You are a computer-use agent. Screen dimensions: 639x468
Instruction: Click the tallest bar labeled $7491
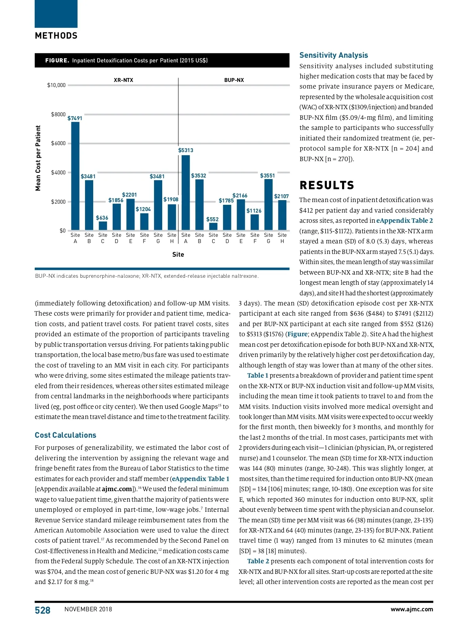tap(75, 176)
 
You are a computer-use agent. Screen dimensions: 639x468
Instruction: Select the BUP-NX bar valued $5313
tap(186, 192)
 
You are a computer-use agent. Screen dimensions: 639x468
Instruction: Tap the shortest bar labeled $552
tap(213, 226)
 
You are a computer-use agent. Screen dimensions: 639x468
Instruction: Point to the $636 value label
tap(102, 218)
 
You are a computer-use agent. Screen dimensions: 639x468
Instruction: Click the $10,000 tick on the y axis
tap(57, 85)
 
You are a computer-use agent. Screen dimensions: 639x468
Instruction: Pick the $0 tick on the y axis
tap(62, 231)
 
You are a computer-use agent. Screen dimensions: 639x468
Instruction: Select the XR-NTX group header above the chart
tap(123, 80)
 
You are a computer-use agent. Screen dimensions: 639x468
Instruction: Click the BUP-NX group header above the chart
tap(234, 80)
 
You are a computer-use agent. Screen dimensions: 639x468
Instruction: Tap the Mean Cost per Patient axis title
tap(38, 158)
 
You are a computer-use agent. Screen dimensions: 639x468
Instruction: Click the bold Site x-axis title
tap(178, 254)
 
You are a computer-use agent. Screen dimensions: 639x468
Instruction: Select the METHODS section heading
tap(56, 36)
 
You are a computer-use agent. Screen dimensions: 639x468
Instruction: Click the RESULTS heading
tap(327, 185)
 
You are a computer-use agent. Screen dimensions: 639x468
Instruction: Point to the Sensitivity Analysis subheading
tap(333, 55)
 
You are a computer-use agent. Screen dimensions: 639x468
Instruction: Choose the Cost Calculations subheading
tap(66, 435)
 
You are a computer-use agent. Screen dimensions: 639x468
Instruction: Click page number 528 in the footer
tap(43, 610)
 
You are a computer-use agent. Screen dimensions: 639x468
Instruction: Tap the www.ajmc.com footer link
tap(411, 609)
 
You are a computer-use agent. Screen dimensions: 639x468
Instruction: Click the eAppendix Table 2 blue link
tap(404, 220)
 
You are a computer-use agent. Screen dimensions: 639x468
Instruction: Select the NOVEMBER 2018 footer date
tap(88, 609)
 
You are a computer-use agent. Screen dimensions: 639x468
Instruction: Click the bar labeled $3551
tap(268, 204)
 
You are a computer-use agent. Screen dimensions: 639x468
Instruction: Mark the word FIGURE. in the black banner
tap(57, 60)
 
